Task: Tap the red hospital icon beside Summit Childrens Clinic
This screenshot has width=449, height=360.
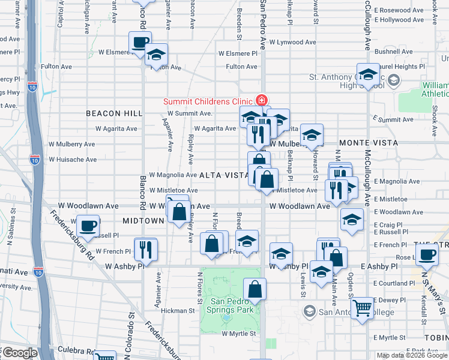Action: pyautogui.click(x=261, y=100)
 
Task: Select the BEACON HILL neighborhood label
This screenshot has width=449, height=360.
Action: pyautogui.click(x=113, y=113)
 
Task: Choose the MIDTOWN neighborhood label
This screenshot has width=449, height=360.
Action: pyautogui.click(x=143, y=221)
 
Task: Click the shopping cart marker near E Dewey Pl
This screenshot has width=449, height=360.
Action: pyautogui.click(x=362, y=309)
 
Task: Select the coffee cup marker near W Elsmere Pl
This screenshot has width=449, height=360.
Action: pyautogui.click(x=140, y=43)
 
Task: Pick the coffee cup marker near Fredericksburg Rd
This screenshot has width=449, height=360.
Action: pyautogui.click(x=88, y=226)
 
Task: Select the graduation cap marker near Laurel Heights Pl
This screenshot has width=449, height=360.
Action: pyautogui.click(x=368, y=75)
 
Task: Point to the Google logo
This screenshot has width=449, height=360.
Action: pyautogui.click(x=20, y=353)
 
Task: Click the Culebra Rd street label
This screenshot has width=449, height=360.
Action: pyautogui.click(x=73, y=351)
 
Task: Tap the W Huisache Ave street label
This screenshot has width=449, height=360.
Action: pyautogui.click(x=72, y=160)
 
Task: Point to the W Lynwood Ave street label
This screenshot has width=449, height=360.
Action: pyautogui.click(x=292, y=42)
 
